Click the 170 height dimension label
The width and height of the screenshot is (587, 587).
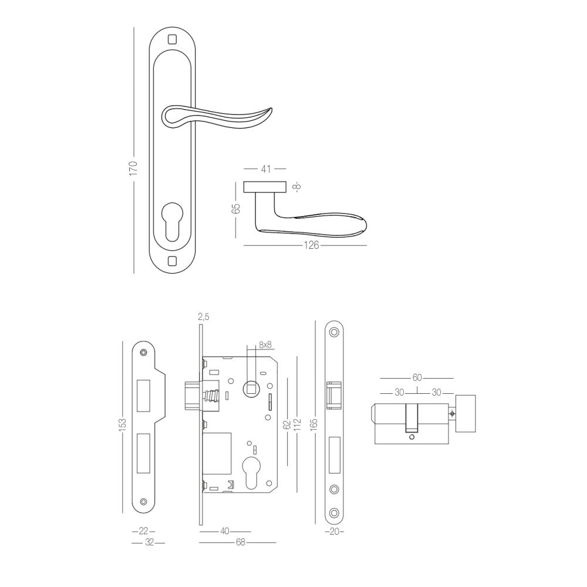[134, 168]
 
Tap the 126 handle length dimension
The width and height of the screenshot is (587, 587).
[311, 245]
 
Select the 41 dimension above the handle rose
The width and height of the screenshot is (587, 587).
[265, 169]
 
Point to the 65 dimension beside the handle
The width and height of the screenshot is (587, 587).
[236, 209]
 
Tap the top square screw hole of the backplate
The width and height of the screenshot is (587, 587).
[172, 39]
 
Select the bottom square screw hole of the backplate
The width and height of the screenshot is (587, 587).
[172, 260]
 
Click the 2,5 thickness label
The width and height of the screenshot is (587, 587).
[203, 317]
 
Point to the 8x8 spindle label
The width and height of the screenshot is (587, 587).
[265, 345]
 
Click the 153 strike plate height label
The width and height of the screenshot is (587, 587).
[123, 425]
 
